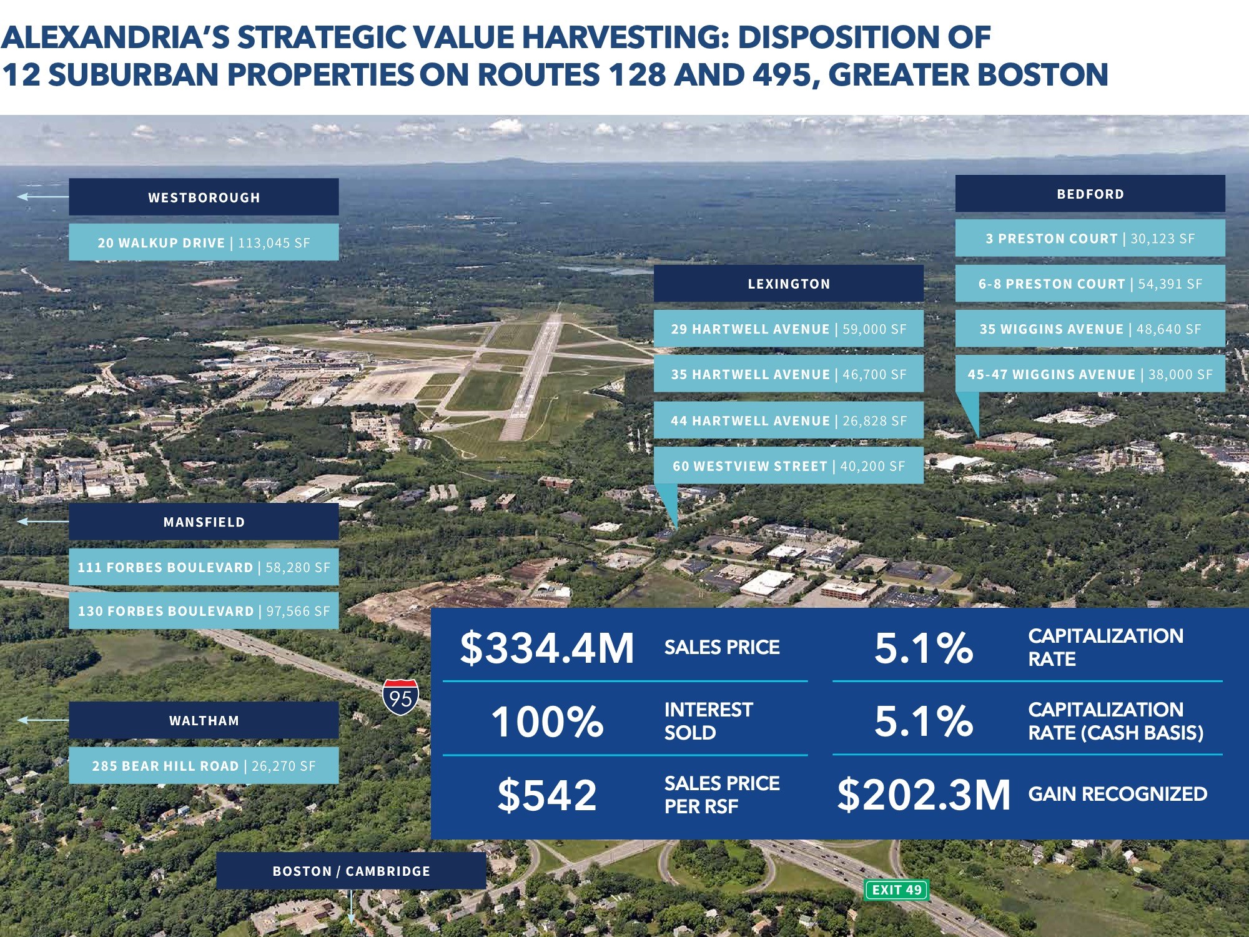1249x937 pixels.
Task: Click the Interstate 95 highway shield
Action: (400, 697)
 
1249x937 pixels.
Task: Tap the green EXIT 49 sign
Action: (897, 890)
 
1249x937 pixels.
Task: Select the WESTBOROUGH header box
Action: (204, 197)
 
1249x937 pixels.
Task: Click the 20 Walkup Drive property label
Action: (204, 242)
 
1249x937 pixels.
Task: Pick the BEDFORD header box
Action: (1090, 194)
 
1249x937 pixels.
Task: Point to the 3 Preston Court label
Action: (1090, 238)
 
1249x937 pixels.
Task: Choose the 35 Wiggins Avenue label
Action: (1090, 329)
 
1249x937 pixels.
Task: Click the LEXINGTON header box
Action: (788, 284)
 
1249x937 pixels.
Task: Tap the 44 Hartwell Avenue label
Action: (788, 420)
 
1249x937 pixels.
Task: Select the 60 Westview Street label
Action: (788, 466)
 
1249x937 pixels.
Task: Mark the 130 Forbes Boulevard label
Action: (204, 611)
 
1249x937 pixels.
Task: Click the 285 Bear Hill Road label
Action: (204, 766)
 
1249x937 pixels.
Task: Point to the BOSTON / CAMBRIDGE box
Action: (351, 871)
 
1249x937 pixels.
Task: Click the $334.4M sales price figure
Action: (546, 648)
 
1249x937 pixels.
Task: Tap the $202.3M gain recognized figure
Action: (923, 795)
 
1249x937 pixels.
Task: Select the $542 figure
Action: (546, 795)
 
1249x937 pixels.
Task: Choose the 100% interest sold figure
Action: (546, 721)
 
